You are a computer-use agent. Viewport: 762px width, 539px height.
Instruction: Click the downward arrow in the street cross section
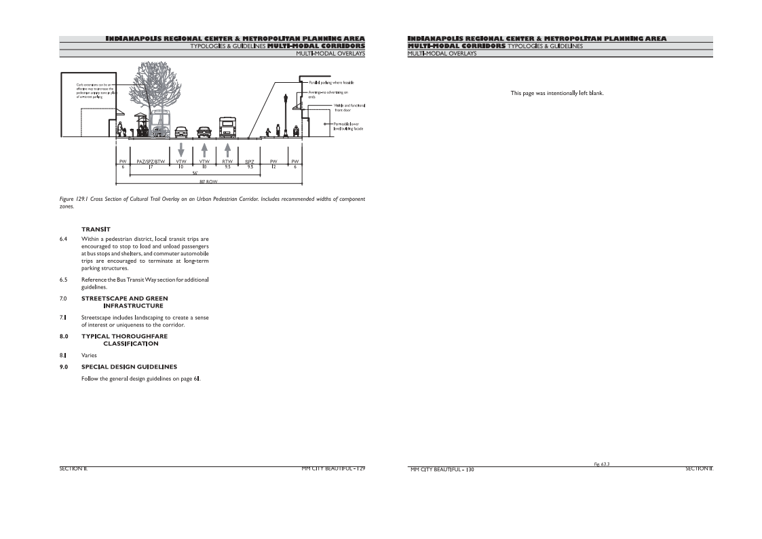click(x=180, y=149)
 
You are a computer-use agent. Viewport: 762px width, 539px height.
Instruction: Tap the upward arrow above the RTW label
click(x=227, y=149)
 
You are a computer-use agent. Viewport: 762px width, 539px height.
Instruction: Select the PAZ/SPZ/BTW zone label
click(x=151, y=161)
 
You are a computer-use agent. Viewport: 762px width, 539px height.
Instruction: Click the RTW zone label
click(x=227, y=161)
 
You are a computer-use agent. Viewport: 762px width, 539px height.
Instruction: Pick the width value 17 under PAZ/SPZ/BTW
click(x=151, y=166)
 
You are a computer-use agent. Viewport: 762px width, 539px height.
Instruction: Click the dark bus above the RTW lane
click(x=227, y=128)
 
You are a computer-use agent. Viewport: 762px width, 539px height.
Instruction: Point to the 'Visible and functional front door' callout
click(x=349, y=108)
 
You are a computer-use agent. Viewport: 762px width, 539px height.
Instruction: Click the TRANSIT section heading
click(x=96, y=229)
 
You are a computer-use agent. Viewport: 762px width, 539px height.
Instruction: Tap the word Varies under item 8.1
click(x=89, y=354)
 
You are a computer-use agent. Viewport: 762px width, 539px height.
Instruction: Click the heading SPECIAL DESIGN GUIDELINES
click(x=129, y=367)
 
